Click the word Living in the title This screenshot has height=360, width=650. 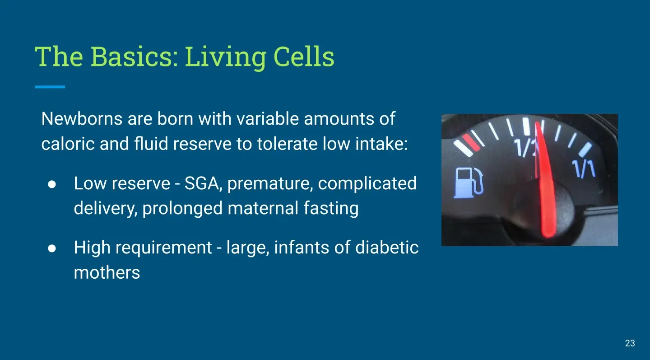coord(226,57)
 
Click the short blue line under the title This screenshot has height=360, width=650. coord(50,87)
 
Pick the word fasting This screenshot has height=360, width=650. coord(331,208)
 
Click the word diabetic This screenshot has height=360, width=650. coord(387,248)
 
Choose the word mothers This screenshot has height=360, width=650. coord(107,272)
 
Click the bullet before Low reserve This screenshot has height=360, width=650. coord(52,184)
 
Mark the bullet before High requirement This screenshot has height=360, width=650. coord(52,248)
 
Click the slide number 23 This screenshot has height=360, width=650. coord(630,343)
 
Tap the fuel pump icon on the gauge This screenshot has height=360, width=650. coord(469,183)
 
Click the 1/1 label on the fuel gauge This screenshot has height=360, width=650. coord(584,168)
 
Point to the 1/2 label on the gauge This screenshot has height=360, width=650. coord(526,148)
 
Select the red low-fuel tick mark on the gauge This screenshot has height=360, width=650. coord(471,142)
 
